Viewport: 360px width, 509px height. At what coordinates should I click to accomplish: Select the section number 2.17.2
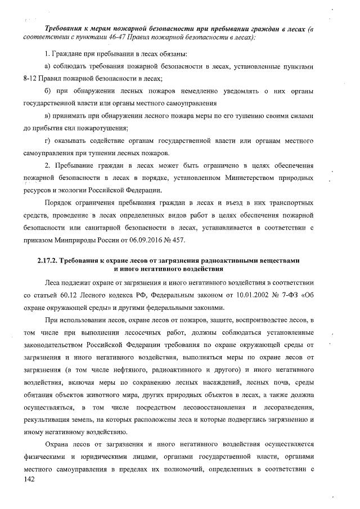(x=49, y=261)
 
